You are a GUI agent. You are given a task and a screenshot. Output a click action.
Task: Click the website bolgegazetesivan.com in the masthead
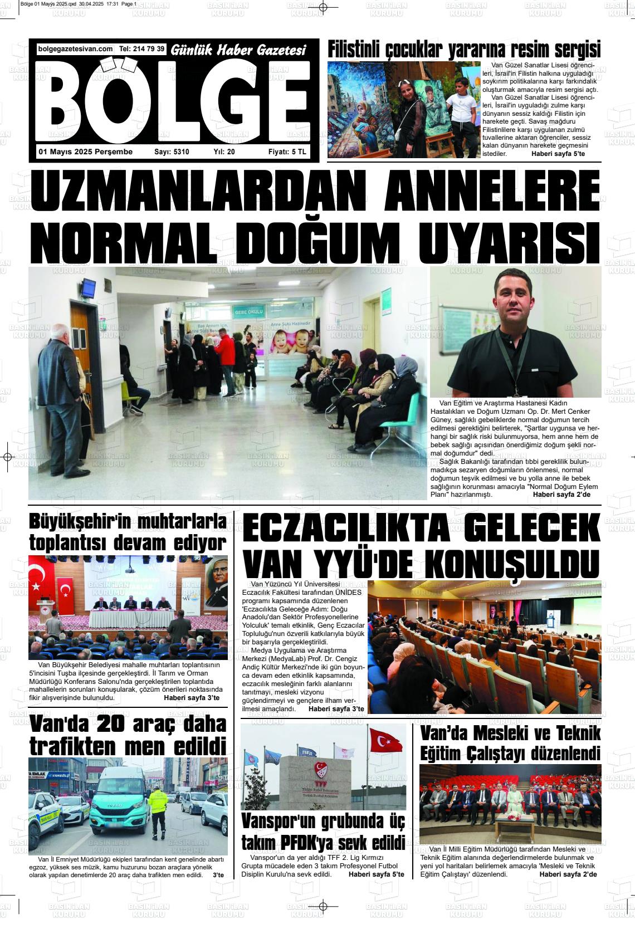tap(75, 49)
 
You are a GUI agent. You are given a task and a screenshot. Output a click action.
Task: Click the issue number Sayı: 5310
tap(172, 151)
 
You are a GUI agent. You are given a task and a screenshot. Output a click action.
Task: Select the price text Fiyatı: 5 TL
tap(287, 151)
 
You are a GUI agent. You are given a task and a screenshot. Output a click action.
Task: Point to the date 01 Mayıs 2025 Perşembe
tap(85, 151)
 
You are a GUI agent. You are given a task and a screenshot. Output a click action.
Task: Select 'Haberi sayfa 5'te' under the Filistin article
tap(558, 153)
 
